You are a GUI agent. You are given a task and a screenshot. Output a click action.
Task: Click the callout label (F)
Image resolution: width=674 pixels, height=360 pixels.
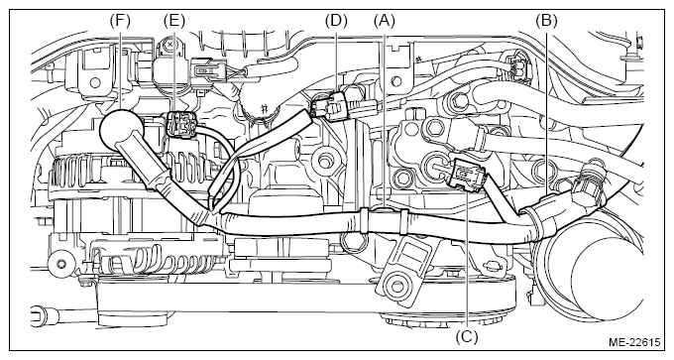(x=120, y=20)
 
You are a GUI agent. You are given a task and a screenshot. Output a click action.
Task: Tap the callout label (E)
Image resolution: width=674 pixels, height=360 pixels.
(x=174, y=20)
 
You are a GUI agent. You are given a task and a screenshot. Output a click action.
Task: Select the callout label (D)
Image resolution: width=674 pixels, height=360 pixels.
(x=336, y=20)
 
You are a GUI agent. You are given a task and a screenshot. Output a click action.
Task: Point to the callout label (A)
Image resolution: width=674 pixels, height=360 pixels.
(x=384, y=20)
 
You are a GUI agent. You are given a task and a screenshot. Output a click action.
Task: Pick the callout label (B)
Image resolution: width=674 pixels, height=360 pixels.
(x=546, y=20)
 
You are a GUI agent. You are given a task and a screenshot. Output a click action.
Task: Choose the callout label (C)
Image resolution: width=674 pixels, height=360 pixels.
(x=467, y=336)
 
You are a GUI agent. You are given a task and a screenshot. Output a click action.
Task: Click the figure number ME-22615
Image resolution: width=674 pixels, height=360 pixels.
(x=634, y=342)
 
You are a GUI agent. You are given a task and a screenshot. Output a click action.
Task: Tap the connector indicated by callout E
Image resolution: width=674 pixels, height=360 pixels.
(x=180, y=125)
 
